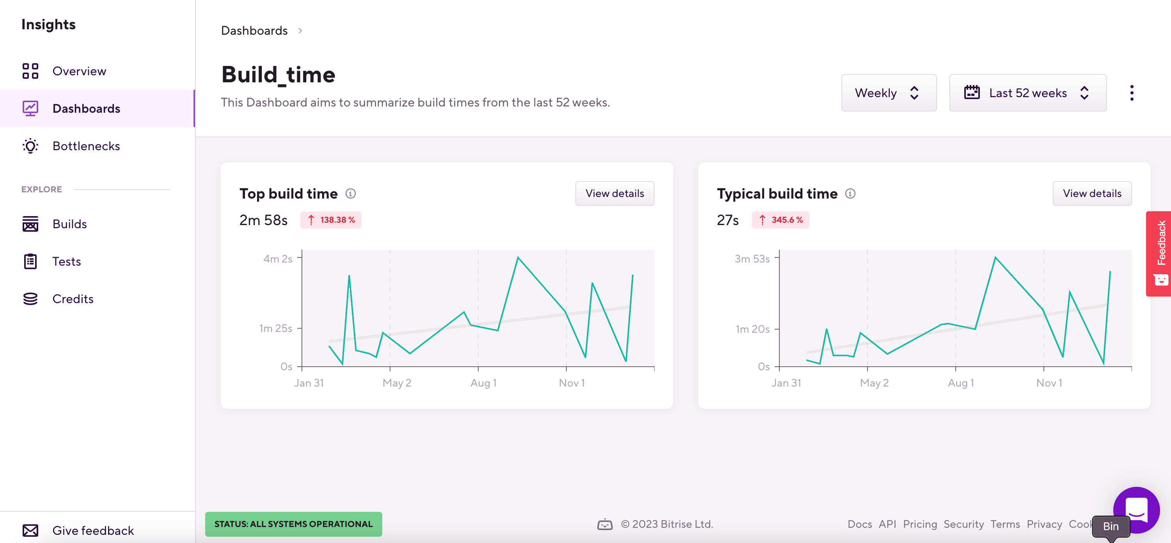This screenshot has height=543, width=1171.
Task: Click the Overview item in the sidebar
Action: pos(79,71)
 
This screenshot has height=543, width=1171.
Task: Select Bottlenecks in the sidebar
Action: pos(86,146)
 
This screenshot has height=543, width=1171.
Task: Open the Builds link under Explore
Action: pos(69,224)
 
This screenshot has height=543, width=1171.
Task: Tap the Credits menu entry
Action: pos(73,299)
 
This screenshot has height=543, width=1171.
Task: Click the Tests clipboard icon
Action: pos(30,261)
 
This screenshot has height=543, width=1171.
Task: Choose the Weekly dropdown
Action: pos(888,93)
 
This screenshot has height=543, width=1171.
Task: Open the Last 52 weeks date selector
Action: pos(1027,93)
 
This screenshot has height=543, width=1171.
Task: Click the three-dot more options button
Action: pos(1132,93)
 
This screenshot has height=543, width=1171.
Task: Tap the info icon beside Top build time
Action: pos(351,194)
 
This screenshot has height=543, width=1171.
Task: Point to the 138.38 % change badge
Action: pos(330,220)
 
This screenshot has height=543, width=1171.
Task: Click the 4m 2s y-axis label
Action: pos(277,259)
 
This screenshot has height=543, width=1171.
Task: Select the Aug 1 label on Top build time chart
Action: pos(483,383)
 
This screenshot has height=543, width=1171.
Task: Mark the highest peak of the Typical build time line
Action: pos(995,257)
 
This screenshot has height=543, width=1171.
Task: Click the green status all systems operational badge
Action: pos(293,524)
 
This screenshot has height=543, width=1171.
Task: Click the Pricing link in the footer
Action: pos(920,524)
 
